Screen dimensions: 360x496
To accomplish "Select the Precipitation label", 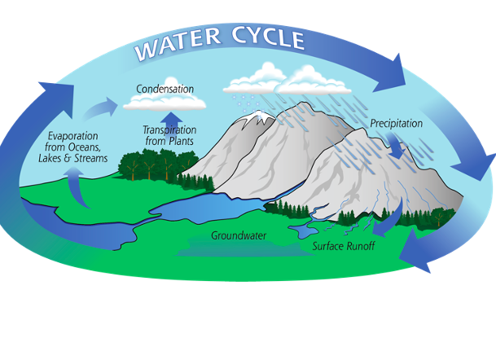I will coord(397,124).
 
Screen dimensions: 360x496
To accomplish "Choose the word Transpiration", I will coord(170,130).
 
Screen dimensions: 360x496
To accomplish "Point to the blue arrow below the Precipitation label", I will coord(396,146).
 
